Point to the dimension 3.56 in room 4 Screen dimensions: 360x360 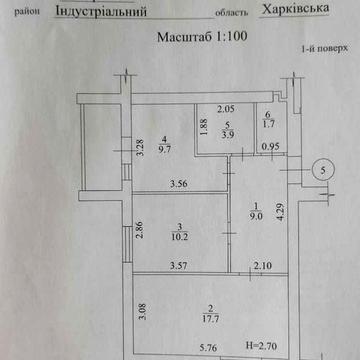coord(180,183)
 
